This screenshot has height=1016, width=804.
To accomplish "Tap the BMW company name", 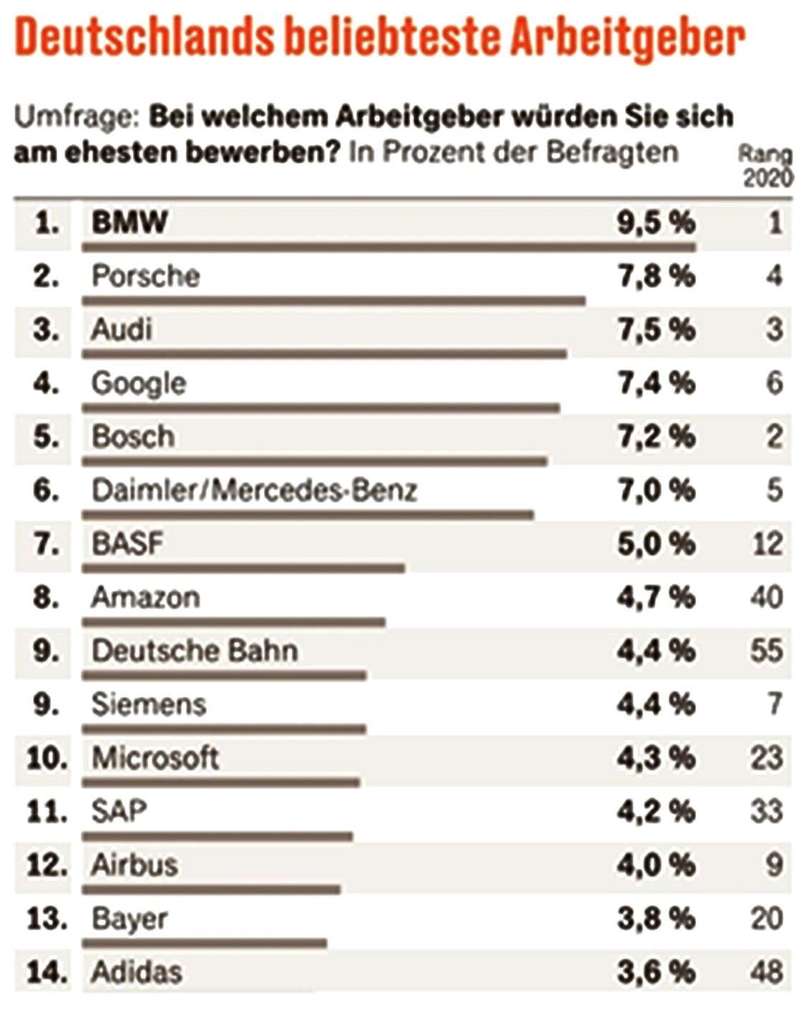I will click(x=129, y=222).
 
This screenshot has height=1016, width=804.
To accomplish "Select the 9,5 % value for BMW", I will click(x=656, y=222).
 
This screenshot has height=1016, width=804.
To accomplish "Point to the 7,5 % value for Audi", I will click(x=656, y=330).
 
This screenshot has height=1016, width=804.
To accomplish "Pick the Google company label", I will click(x=139, y=384).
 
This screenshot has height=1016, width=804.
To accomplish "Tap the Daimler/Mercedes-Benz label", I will click(x=254, y=490).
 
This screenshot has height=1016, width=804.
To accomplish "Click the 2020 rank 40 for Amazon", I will click(x=766, y=597).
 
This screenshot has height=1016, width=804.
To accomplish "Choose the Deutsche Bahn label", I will click(x=195, y=651).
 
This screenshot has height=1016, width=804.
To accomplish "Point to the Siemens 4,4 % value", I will click(x=656, y=704).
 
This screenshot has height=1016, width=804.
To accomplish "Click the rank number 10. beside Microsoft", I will click(x=46, y=758).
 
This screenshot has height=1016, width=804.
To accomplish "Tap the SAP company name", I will click(x=119, y=812).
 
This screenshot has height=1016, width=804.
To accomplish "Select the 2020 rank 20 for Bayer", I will click(x=766, y=918).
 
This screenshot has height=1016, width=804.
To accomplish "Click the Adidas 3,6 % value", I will click(x=656, y=972).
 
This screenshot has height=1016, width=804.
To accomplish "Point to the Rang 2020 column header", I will click(x=766, y=165).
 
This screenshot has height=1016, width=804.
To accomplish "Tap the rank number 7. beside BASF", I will click(x=46, y=544).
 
